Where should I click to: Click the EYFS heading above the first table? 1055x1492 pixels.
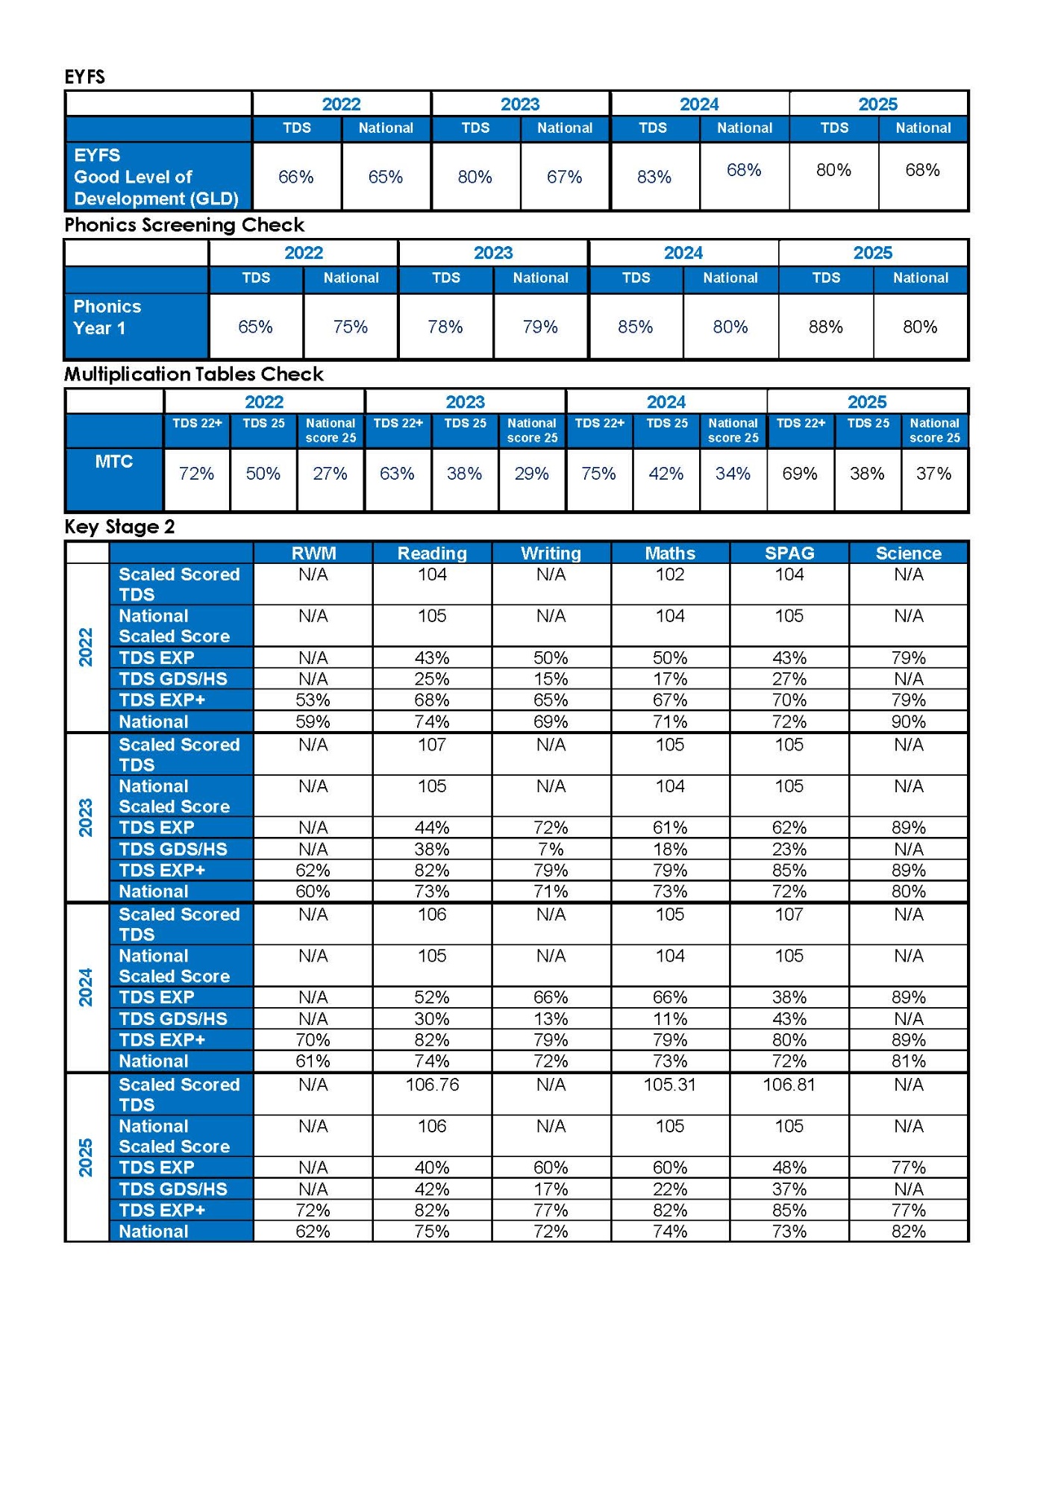(x=84, y=77)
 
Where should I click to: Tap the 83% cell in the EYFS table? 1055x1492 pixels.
(x=654, y=178)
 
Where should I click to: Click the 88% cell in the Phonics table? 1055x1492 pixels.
(x=825, y=327)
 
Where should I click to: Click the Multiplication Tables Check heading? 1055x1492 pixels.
(x=193, y=374)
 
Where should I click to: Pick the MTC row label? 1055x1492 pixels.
(x=114, y=462)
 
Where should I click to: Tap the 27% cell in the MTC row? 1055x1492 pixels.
(x=330, y=474)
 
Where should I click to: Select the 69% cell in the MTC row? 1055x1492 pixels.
(x=800, y=474)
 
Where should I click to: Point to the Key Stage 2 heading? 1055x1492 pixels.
(x=119, y=527)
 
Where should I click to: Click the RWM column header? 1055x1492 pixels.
(x=313, y=554)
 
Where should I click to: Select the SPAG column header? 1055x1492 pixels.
(x=789, y=554)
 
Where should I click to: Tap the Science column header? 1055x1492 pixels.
(x=908, y=554)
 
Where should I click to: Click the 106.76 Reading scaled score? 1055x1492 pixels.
(x=432, y=1085)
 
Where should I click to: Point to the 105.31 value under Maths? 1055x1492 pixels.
(x=669, y=1085)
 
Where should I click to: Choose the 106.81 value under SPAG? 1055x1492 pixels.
(x=789, y=1085)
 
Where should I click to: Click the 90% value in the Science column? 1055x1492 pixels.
(x=908, y=722)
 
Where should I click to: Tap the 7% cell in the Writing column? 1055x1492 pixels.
(x=551, y=850)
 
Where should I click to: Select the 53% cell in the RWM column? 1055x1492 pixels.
(x=313, y=700)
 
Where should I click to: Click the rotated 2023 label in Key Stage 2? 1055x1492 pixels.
(x=86, y=818)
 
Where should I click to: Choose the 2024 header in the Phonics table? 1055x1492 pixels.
(x=683, y=253)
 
